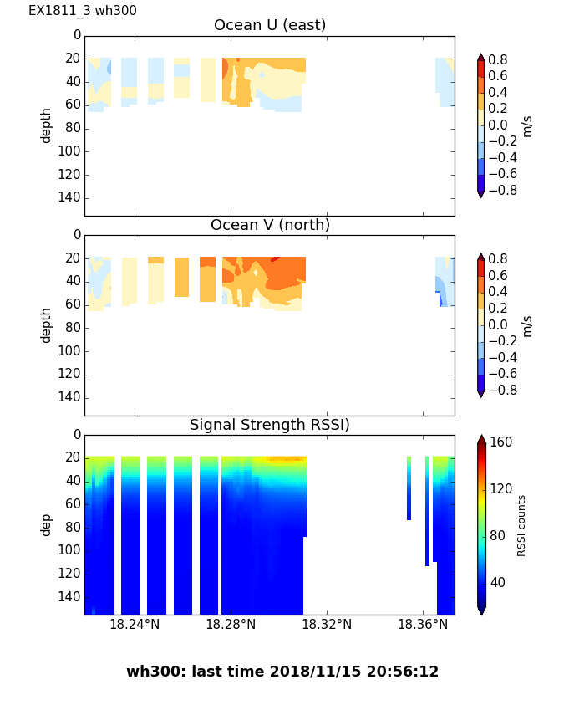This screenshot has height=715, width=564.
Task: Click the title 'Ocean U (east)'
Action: coord(270,25)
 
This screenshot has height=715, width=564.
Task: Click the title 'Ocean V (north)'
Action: coord(270,225)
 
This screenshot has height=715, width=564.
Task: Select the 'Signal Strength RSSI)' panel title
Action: coord(270,425)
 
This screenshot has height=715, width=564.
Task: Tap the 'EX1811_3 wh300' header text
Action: coord(83,11)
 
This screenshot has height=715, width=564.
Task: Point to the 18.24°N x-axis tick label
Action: coord(135,624)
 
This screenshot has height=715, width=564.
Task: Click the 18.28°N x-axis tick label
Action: coord(231,624)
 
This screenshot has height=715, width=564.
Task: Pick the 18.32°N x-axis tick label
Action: coord(327,624)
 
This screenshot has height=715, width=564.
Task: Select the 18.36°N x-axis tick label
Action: coord(423,624)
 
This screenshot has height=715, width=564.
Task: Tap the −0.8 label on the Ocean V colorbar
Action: coord(501,390)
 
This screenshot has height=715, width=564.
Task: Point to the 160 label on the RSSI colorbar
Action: coord(501,442)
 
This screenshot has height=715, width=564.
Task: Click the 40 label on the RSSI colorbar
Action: coord(499,582)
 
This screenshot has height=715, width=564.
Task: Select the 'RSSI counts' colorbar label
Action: coord(522,525)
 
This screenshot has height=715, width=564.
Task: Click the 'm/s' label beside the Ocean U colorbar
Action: coord(526,125)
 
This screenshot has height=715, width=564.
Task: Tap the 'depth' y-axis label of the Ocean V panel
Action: coord(47,324)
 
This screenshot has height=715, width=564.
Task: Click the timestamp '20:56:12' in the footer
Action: coord(404,672)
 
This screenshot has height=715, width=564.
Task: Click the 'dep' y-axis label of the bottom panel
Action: coord(47,524)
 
